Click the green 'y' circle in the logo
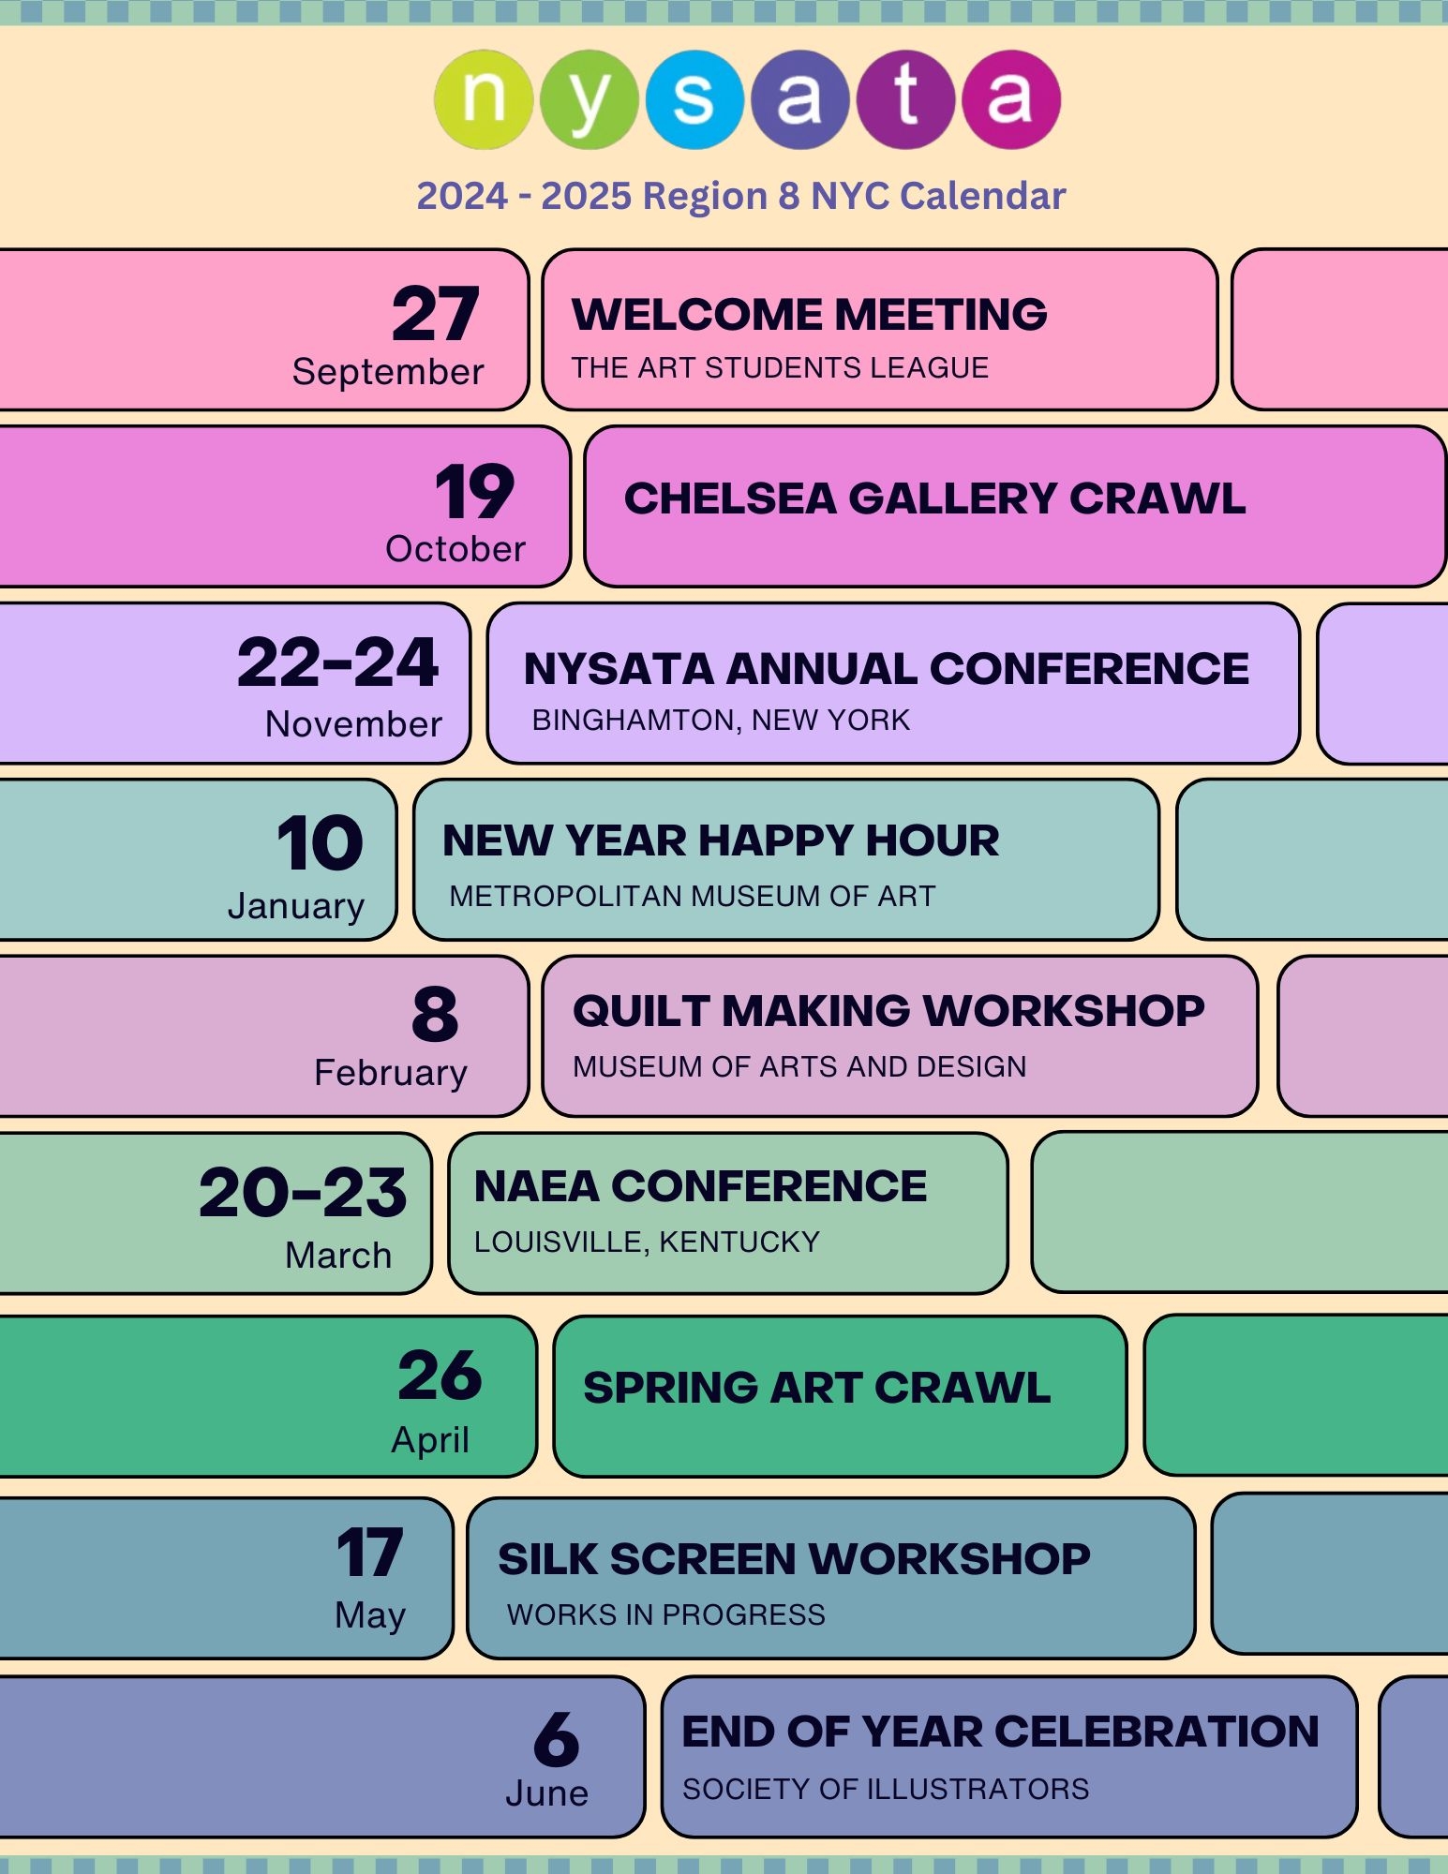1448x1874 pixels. tap(589, 99)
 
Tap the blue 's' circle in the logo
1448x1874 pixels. tap(694, 99)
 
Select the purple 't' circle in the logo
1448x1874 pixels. tap(905, 99)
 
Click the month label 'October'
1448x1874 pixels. tap(455, 549)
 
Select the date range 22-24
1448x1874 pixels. tap(337, 662)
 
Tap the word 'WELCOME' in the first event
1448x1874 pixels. tap(696, 314)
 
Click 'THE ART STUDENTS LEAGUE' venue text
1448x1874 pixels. tap(780, 367)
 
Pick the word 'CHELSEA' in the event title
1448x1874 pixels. tap(730, 498)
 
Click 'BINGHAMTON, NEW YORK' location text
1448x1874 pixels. tap(721, 720)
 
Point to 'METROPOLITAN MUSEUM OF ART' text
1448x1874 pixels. tap(693, 896)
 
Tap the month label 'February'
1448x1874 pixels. tap(391, 1074)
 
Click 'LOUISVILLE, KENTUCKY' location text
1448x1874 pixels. tap(647, 1242)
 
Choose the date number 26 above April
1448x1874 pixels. tap(440, 1376)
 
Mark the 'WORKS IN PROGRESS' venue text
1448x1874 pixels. tap(666, 1614)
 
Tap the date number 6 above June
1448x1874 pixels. tap(557, 1739)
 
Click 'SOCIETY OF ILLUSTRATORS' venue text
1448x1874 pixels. tap(886, 1789)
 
